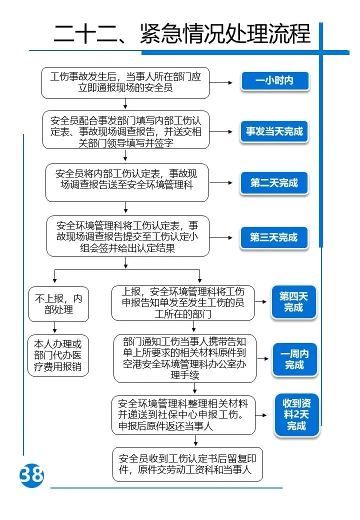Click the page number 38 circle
click(31, 475)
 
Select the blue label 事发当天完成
click(274, 131)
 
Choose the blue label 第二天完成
click(274, 183)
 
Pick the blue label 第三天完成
click(274, 237)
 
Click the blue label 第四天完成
click(294, 302)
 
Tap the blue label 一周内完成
click(294, 359)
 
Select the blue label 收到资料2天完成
click(296, 414)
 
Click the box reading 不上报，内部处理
click(58, 304)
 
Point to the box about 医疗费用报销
click(58, 356)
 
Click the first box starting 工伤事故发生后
click(125, 83)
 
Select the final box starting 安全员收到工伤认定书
click(187, 464)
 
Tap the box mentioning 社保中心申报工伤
click(183, 415)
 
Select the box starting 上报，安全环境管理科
click(183, 303)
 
